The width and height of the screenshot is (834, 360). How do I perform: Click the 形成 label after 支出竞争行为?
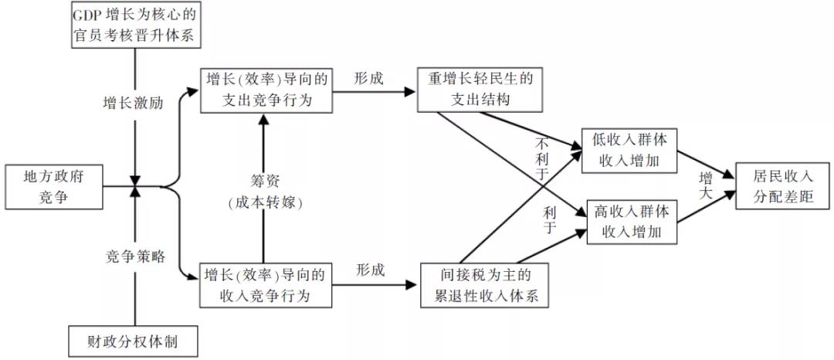pos(369,77)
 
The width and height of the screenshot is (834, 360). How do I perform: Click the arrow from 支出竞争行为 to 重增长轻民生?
pos(375,91)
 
